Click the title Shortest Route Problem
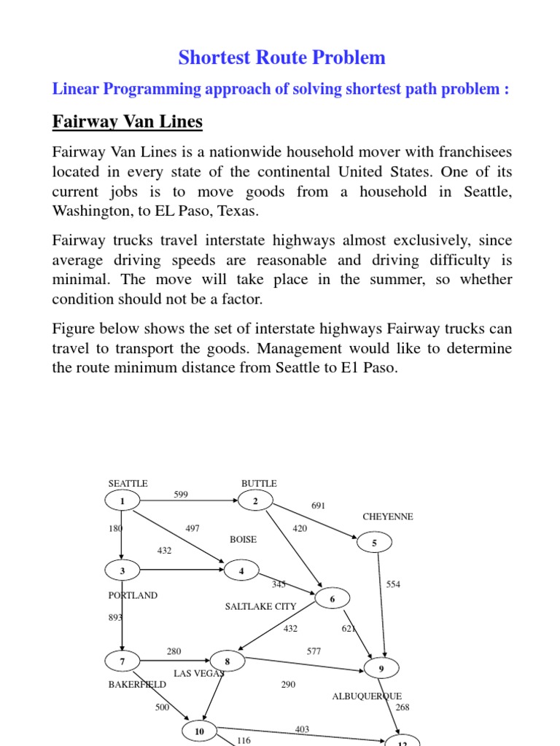coord(282,58)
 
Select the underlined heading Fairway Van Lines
coord(127,122)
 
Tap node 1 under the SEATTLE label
coord(122,501)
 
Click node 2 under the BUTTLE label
coord(255,501)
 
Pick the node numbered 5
coord(375,543)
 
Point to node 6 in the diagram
coord(332,599)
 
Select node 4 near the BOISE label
coord(241,571)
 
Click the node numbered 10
coord(200,731)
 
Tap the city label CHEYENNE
coord(388,517)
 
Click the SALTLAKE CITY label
coord(260,606)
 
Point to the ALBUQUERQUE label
coord(367,696)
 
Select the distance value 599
coord(181,495)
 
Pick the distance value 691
coord(319,505)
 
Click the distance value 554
coord(393,584)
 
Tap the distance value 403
coord(302,729)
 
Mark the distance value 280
coord(174,651)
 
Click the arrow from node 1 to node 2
coord(190,501)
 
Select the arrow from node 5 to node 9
coord(379,605)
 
